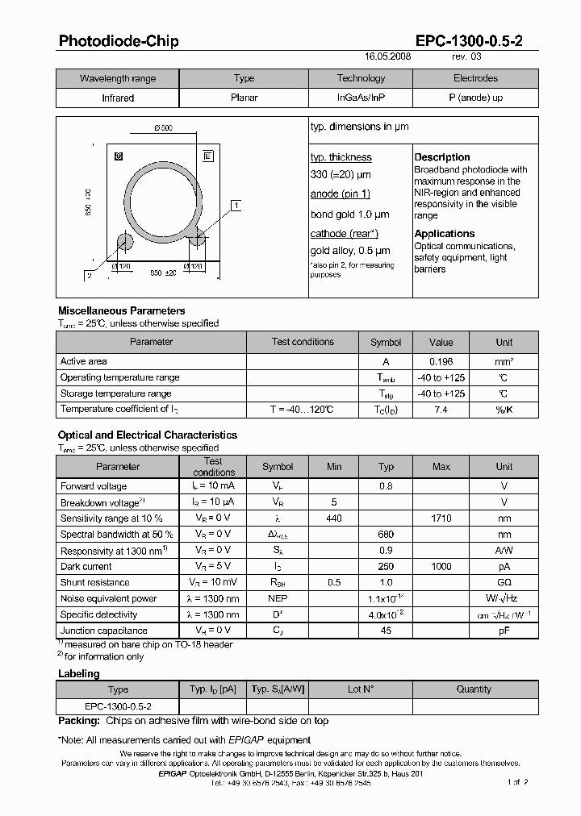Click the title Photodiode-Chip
click(119, 41)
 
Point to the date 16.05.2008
click(388, 58)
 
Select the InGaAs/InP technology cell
click(361, 98)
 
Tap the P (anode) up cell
click(475, 98)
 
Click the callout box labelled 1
click(236, 206)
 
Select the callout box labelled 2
click(90, 275)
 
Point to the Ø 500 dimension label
click(163, 129)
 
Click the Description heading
click(441, 157)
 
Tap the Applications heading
click(444, 234)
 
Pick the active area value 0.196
click(441, 362)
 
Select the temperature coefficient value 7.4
click(441, 410)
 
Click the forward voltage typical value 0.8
click(386, 486)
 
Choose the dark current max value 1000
click(441, 567)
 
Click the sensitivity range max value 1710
click(441, 518)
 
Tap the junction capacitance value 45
click(386, 631)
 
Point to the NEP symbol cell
click(278, 598)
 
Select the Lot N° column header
click(360, 689)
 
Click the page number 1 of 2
click(517, 782)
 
